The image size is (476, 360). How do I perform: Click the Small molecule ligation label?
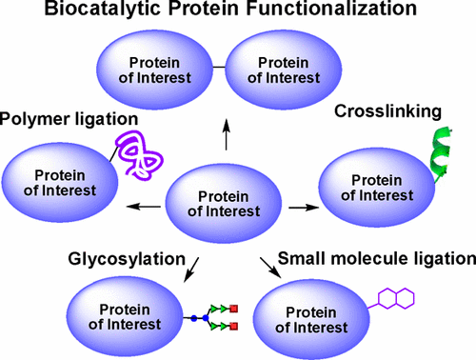point(375,257)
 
